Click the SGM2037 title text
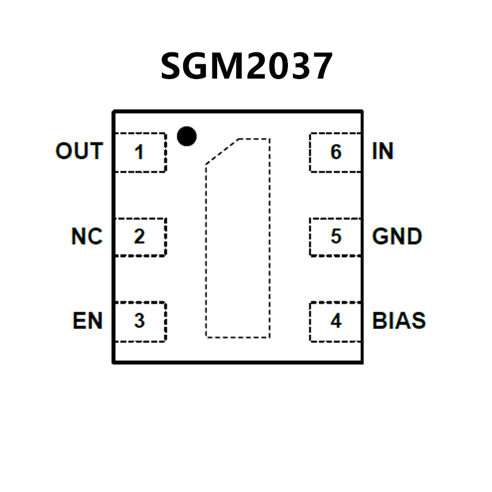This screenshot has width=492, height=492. (246, 67)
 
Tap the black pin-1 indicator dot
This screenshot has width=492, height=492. (187, 136)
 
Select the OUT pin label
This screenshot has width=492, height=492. (79, 152)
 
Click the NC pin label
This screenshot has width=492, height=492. (87, 237)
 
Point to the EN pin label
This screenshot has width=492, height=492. (88, 321)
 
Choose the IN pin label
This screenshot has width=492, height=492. (383, 152)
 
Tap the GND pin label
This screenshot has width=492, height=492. (397, 237)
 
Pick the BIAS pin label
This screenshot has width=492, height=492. (399, 321)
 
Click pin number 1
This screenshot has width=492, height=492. (139, 153)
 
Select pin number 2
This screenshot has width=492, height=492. (139, 237)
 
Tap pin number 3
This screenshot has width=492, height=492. (139, 321)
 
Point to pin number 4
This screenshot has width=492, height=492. (336, 321)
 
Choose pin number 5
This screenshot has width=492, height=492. (336, 237)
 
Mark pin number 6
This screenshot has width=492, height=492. (336, 152)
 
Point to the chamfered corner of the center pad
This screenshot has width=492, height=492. (221, 151)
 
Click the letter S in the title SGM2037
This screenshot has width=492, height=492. (173, 67)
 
